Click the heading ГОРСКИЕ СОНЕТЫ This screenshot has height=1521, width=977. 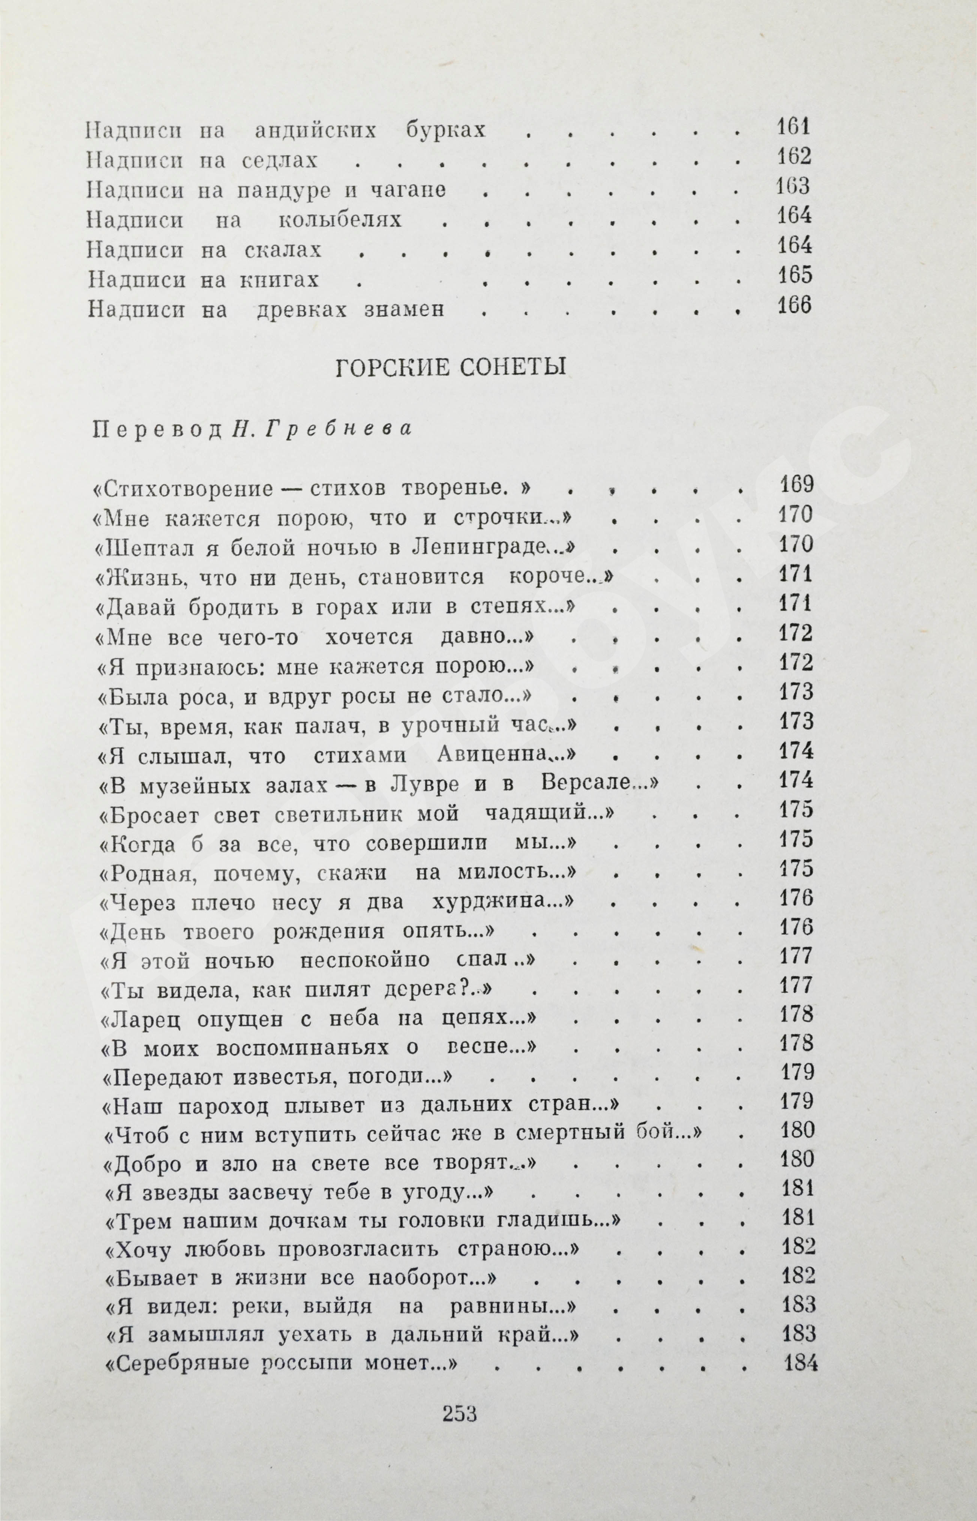point(450,368)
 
